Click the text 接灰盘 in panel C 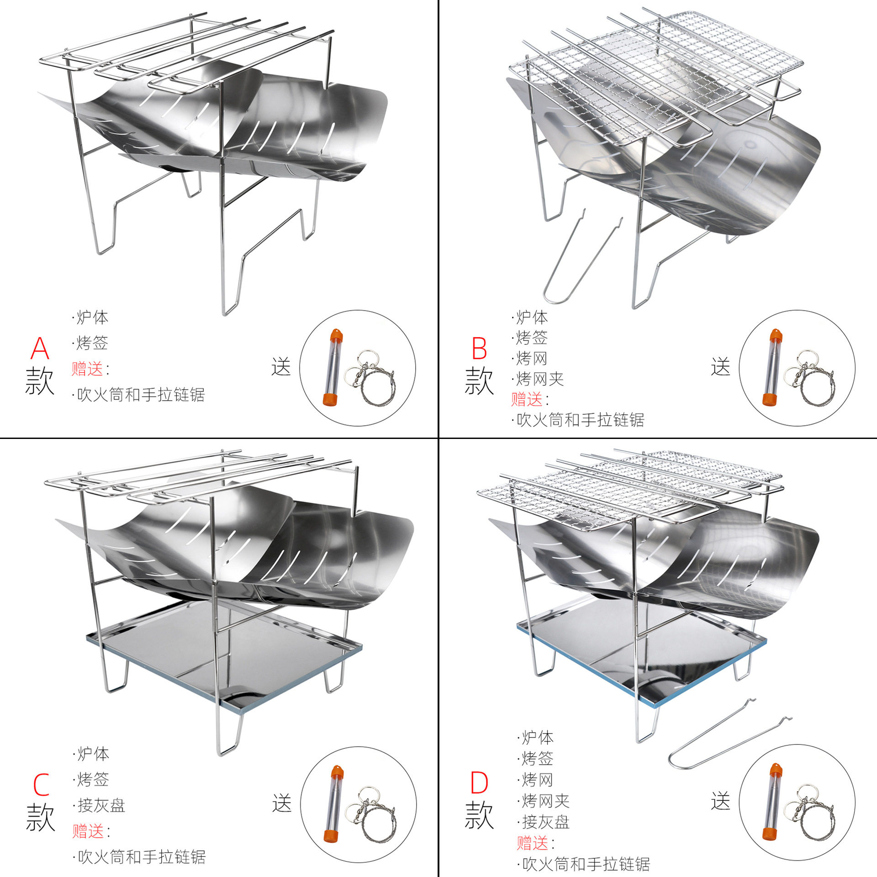[x=101, y=805]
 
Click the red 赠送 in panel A [x=87, y=369]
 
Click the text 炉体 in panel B [x=532, y=317]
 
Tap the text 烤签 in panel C [x=93, y=779]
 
